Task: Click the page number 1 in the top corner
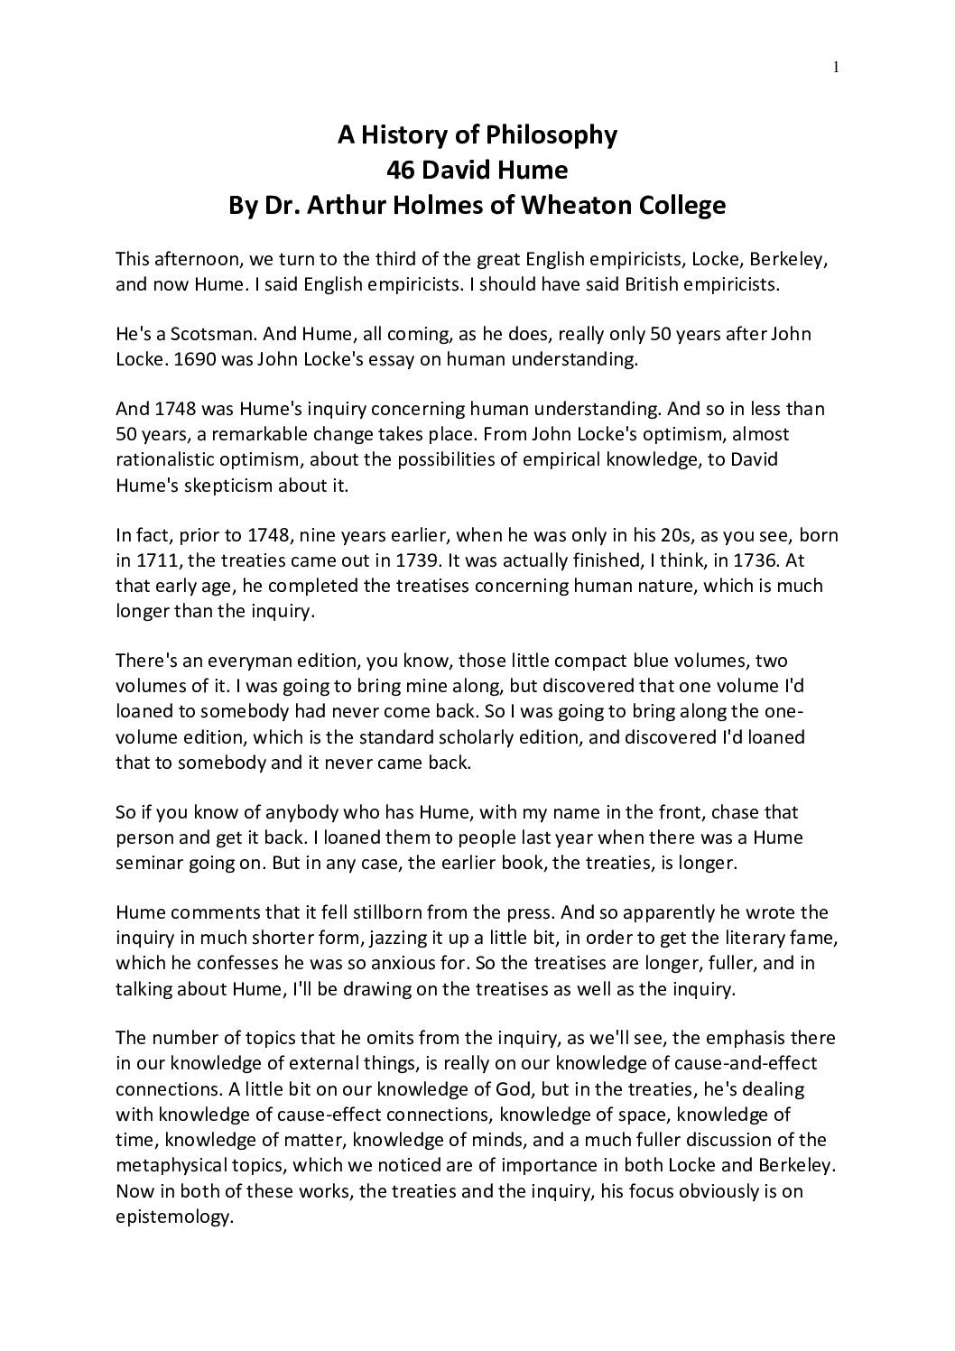[x=837, y=66]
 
